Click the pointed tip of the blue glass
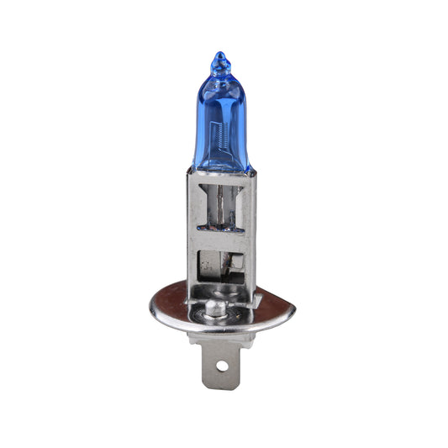click(219, 55)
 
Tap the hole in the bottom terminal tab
click(222, 366)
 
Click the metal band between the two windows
click(223, 239)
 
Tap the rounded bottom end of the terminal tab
click(222, 385)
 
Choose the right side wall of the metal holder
click(251, 235)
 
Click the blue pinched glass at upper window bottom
click(220, 225)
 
